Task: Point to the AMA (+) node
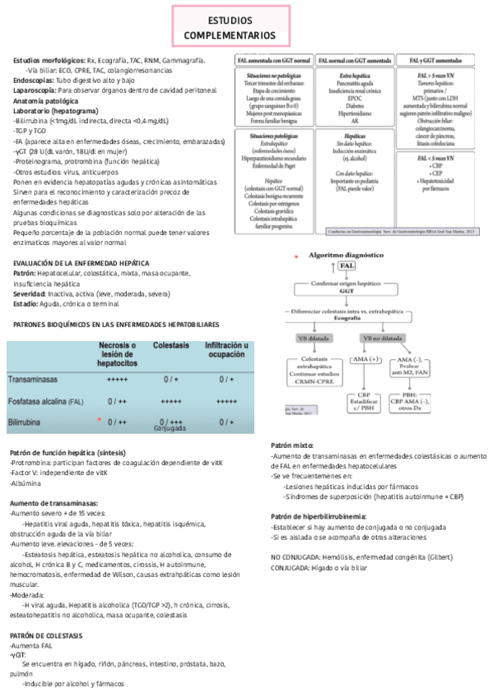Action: coord(365,360)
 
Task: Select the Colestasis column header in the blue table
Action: coord(170,346)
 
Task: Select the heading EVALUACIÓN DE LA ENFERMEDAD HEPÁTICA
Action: coord(69,263)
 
